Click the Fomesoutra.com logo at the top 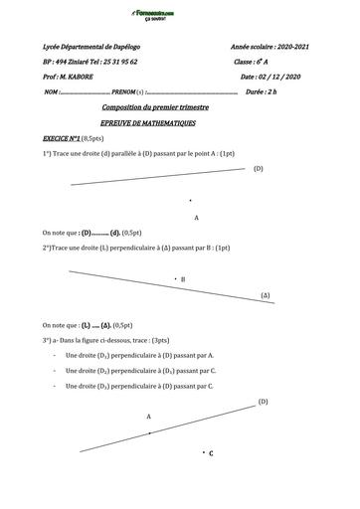tap(181, 14)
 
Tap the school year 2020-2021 tap(290, 47)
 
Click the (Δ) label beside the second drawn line tap(266, 296)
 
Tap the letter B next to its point tap(184, 280)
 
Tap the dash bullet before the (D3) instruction tap(53, 385)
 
